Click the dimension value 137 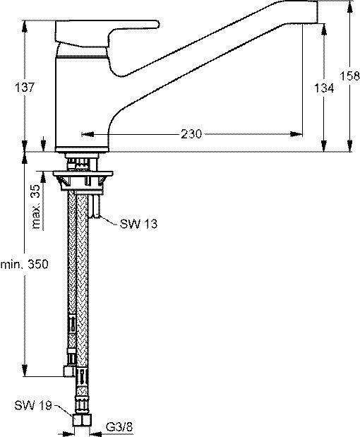(25, 88)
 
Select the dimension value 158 (350, 76)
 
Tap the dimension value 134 (324, 88)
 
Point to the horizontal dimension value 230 (191, 134)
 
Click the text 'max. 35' (36, 207)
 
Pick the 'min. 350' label (24, 264)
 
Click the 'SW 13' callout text (138, 224)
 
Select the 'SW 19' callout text (33, 405)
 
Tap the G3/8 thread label (119, 426)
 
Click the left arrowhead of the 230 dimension (88, 134)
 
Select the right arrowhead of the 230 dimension (296, 134)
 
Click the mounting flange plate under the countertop (83, 174)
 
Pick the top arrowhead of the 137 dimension (25, 28)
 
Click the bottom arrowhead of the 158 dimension (350, 145)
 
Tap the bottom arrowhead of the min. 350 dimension (25, 370)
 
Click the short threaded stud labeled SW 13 (95, 205)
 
